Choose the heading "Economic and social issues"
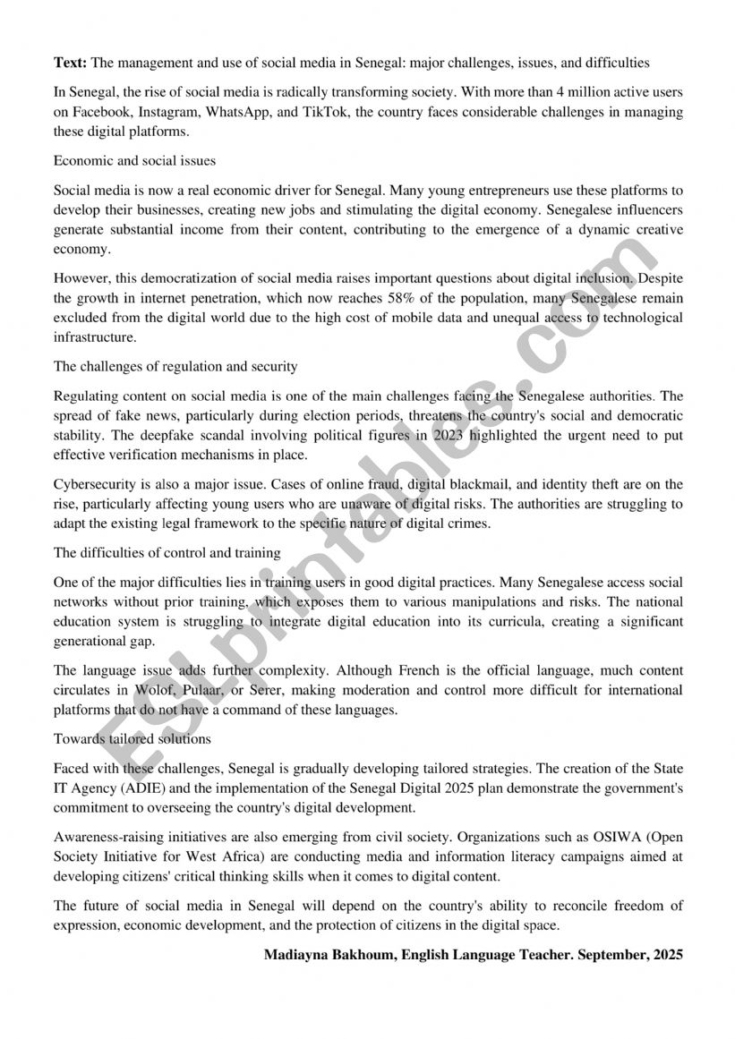coord(134,161)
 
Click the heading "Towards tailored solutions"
coord(132,738)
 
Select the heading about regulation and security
coord(175,366)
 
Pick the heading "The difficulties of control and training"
coord(167,552)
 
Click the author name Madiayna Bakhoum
coord(329,955)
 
